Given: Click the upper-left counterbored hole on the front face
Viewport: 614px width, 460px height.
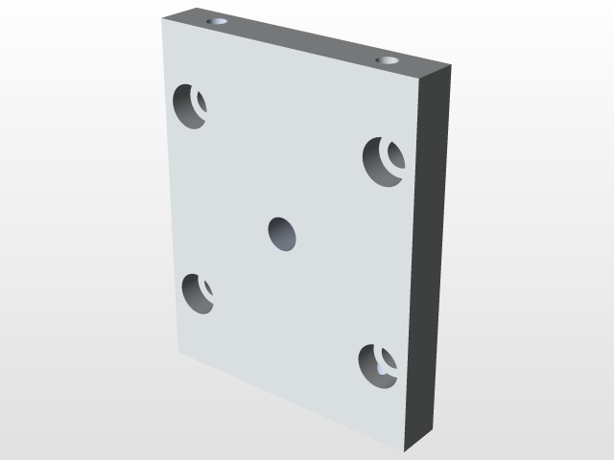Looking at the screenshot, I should pos(190,105).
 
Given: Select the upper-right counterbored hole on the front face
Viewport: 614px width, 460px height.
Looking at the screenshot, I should pos(383,160).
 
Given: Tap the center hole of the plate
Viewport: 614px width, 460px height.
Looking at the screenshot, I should pos(282,233).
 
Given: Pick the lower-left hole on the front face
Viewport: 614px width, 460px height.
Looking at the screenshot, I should pos(197,292).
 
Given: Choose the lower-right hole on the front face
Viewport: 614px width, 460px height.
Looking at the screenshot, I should pos(377,366).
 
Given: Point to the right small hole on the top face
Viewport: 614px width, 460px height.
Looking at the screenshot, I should pos(388,60).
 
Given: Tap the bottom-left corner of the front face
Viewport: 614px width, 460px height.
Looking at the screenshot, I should pos(177,353).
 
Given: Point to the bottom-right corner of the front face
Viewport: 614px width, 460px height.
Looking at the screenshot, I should pos(405,450).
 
